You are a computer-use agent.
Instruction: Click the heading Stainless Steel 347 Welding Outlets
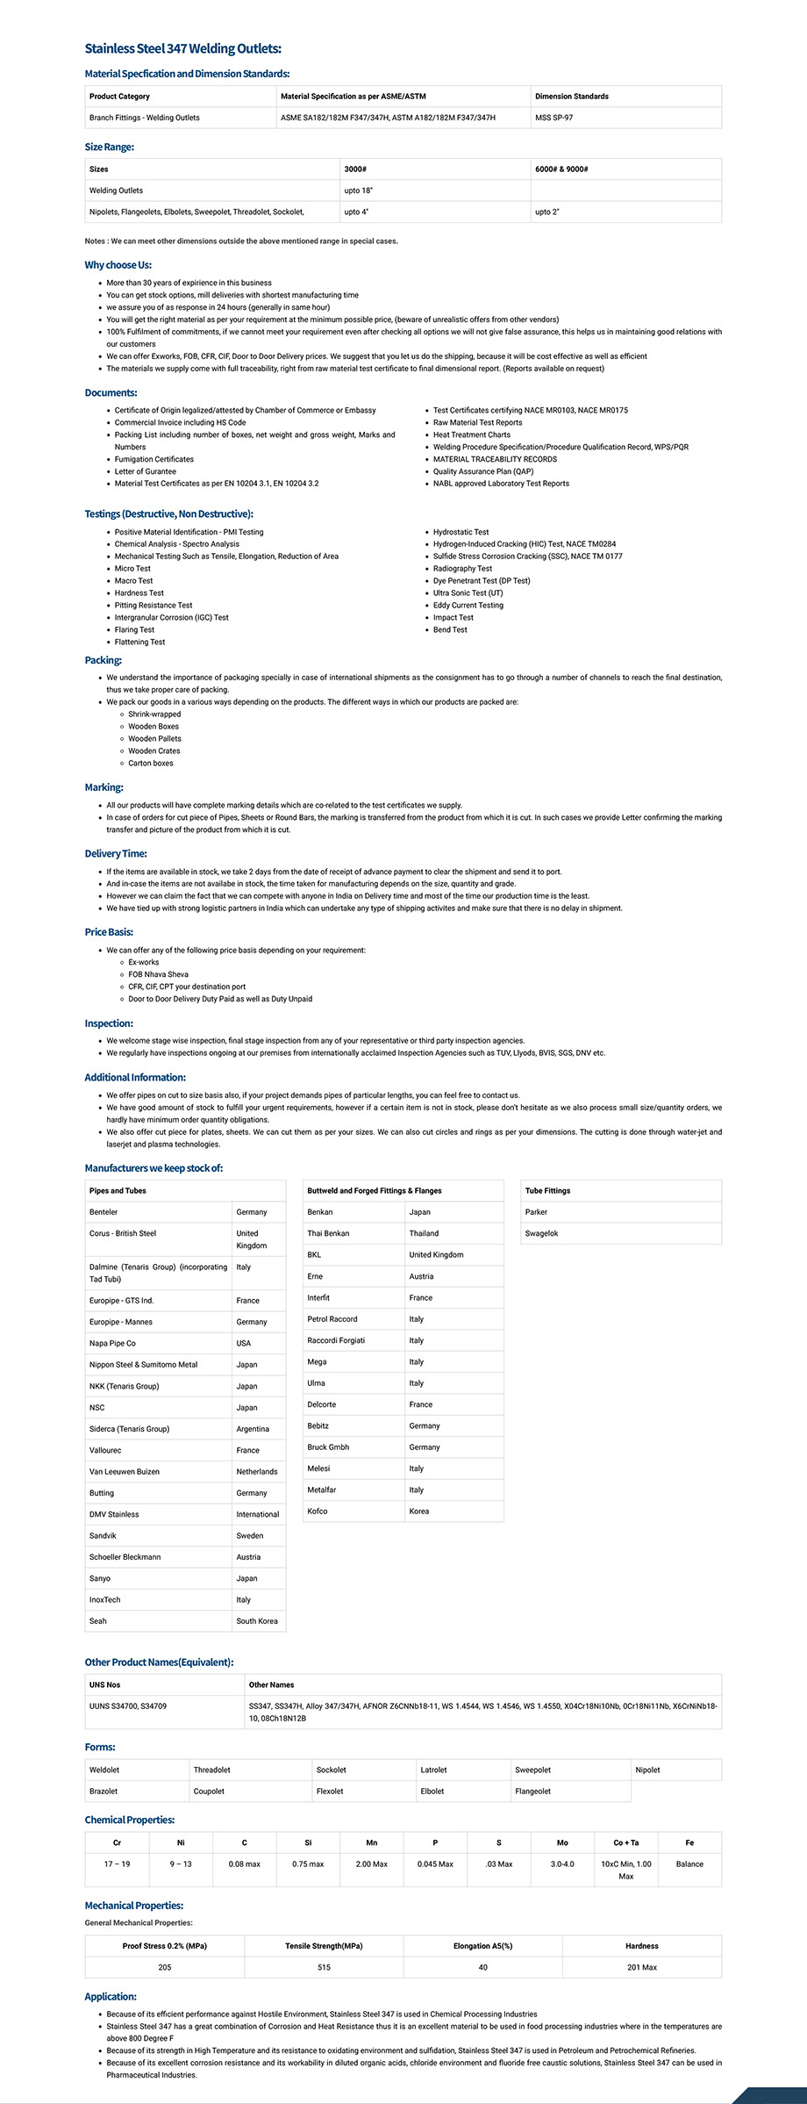click(x=182, y=49)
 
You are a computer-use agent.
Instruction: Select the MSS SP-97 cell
click(x=553, y=118)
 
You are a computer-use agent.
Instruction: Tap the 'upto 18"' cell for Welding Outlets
click(x=358, y=190)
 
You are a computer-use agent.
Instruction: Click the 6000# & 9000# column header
click(x=561, y=169)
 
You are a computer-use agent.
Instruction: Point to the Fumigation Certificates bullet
click(x=154, y=459)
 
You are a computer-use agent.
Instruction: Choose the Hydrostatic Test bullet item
click(x=461, y=532)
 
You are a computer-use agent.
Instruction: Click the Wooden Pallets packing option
click(x=154, y=739)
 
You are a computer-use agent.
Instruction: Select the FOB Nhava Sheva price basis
click(x=158, y=974)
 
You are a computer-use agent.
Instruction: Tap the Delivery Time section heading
click(x=116, y=854)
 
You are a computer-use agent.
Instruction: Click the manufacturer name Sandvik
click(x=103, y=1536)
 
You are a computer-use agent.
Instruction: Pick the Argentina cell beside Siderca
click(x=253, y=1429)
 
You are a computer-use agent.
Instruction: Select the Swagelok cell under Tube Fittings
click(x=541, y=1234)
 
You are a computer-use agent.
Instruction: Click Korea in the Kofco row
click(x=419, y=1512)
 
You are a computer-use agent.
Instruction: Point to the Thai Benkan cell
click(x=328, y=1234)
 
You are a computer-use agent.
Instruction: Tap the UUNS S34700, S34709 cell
click(x=128, y=1706)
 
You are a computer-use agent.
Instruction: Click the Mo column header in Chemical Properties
click(x=562, y=1843)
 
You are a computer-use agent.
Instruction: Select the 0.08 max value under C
click(x=244, y=1864)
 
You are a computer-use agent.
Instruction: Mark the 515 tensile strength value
click(x=324, y=1968)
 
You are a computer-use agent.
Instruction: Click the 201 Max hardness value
click(x=641, y=1968)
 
